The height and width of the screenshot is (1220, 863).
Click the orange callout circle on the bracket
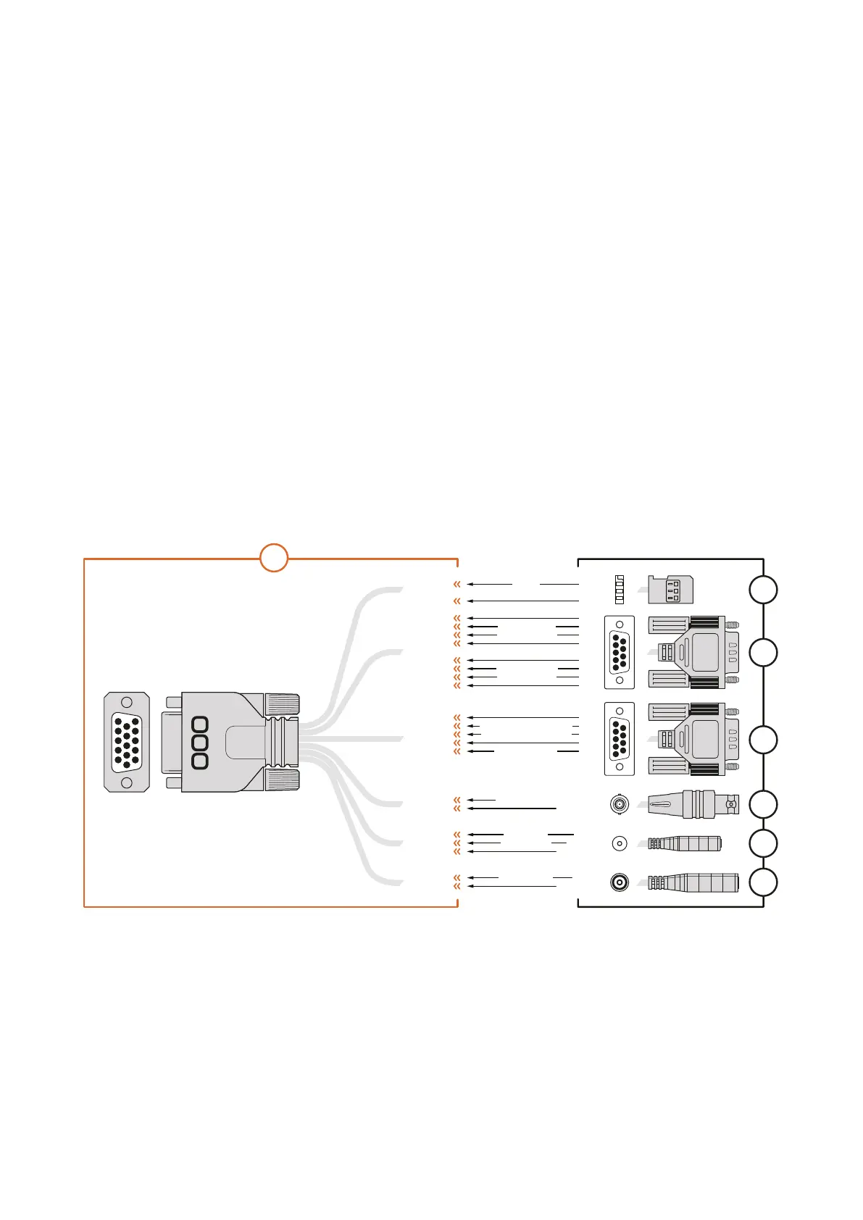(x=274, y=558)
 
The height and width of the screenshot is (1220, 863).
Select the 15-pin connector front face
(x=127, y=742)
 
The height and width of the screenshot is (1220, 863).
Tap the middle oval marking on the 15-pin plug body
(x=200, y=742)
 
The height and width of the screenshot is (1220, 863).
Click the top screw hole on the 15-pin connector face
(x=127, y=702)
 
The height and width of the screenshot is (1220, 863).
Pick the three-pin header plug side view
(x=670, y=590)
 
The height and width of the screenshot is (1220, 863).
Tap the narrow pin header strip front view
(x=620, y=590)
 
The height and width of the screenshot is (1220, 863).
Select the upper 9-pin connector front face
(x=620, y=652)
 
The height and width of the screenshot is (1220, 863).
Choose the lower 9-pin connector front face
(x=620, y=738)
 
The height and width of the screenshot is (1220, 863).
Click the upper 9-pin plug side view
(x=693, y=652)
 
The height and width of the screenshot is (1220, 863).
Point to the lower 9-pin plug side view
(x=693, y=739)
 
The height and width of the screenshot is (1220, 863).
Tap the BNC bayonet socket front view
(x=620, y=803)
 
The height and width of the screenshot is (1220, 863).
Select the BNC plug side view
(x=693, y=804)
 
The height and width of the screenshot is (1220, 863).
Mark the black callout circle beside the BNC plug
(x=763, y=804)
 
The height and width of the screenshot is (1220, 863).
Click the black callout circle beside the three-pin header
(x=763, y=590)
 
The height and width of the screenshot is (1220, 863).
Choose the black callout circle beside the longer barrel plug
(x=763, y=882)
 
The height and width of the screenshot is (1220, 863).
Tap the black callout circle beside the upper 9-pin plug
(x=763, y=652)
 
